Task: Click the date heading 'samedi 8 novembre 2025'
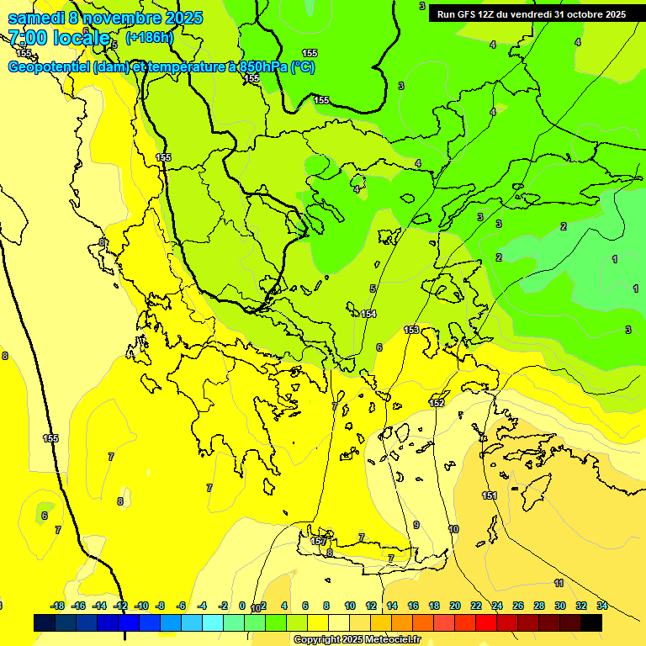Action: [x=105, y=18]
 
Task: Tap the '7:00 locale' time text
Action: [x=59, y=38]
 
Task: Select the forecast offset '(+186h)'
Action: [x=149, y=38]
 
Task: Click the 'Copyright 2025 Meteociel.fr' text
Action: [x=356, y=639]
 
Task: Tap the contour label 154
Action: [x=368, y=314]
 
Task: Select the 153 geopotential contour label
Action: [x=411, y=330]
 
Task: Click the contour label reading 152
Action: [x=437, y=404]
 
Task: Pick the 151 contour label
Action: [x=490, y=495]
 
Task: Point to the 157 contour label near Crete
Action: [x=318, y=542]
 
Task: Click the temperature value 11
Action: [x=559, y=583]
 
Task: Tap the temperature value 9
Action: [x=416, y=525]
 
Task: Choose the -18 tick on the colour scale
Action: [x=57, y=606]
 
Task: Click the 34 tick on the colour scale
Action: [x=602, y=606]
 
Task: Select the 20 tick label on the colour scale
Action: [x=455, y=606]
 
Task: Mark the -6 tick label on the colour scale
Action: [x=182, y=606]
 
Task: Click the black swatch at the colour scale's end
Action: [x=591, y=622]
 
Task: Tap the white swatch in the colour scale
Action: [x=339, y=622]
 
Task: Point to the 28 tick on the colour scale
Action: [x=539, y=606]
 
